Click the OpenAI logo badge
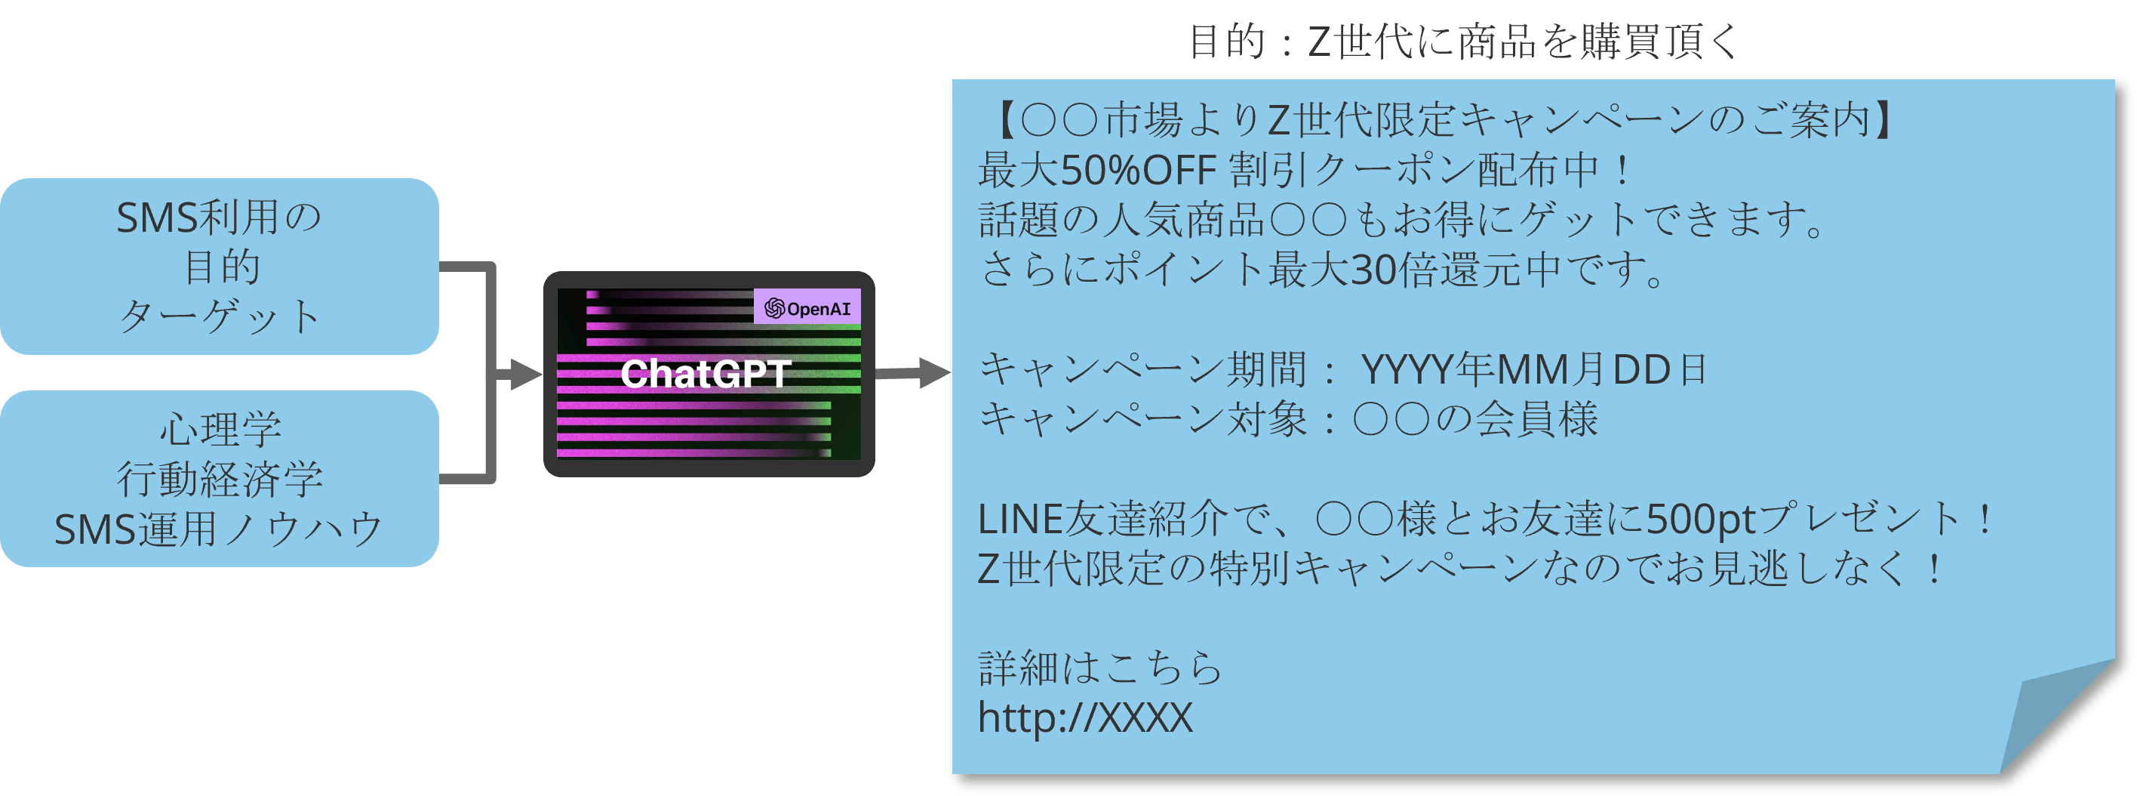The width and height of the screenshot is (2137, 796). [x=807, y=308]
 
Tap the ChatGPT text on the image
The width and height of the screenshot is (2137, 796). [x=705, y=375]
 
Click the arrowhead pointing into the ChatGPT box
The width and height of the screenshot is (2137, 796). [x=524, y=375]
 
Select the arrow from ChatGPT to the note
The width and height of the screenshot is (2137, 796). [x=912, y=374]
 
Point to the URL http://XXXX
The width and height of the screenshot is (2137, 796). [x=1085, y=717]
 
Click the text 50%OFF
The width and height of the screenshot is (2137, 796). [x=1138, y=171]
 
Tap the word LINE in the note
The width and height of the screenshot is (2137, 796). [x=1019, y=520]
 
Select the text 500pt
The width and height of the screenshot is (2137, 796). [x=1700, y=520]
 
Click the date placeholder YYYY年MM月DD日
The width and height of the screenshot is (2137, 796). [x=1535, y=370]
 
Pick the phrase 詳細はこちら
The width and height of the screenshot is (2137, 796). [x=1100, y=668]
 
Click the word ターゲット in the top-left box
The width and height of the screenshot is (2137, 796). [x=220, y=316]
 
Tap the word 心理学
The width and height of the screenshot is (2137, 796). [x=220, y=430]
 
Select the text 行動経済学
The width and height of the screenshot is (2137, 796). [x=220, y=479]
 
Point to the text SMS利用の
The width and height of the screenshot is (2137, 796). [x=219, y=218]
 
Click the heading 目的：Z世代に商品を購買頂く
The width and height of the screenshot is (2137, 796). [x=1463, y=42]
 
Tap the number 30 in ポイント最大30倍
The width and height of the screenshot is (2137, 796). [x=1373, y=270]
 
